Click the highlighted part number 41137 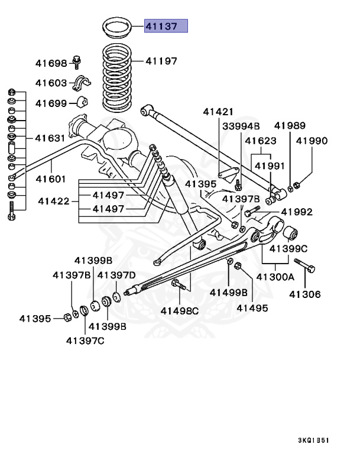pyautogui.click(x=167, y=26)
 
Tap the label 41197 pyautogui.click(x=161, y=61)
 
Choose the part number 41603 pyautogui.click(x=51, y=83)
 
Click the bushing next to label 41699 pyautogui.click(x=82, y=102)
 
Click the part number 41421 pyautogui.click(x=218, y=111)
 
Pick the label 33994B pyautogui.click(x=241, y=126)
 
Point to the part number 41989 pyautogui.click(x=290, y=125)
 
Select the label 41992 pyautogui.click(x=296, y=212)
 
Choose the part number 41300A pyautogui.click(x=275, y=277)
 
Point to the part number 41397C pyautogui.click(x=85, y=340)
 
